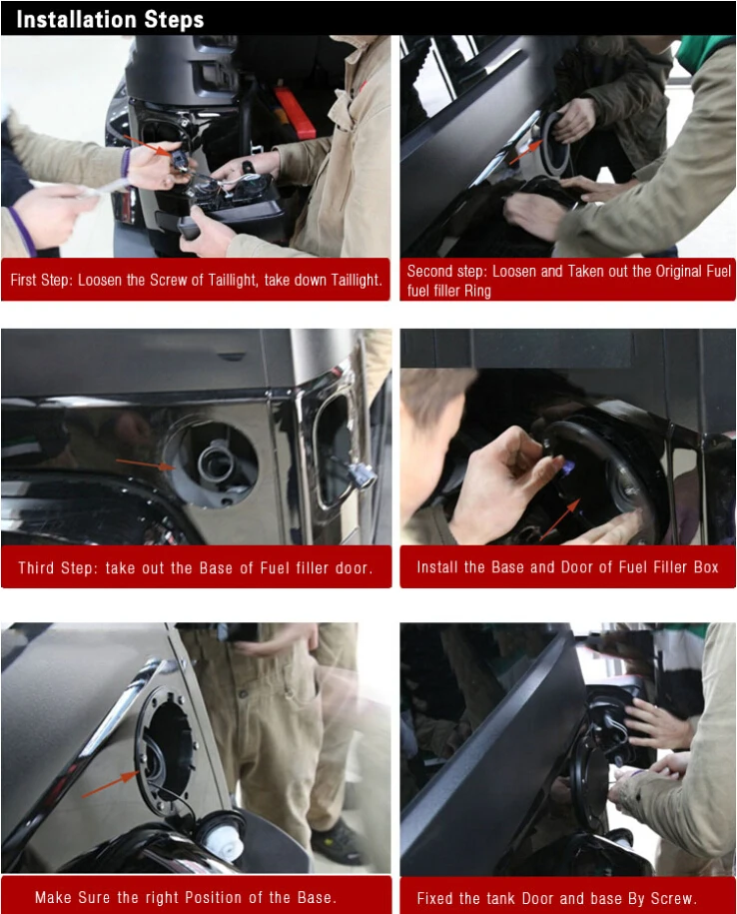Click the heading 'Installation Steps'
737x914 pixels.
click(x=110, y=19)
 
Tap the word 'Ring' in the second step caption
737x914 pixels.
click(x=477, y=291)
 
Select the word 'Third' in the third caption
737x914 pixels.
click(x=36, y=567)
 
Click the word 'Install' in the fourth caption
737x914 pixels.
click(x=437, y=567)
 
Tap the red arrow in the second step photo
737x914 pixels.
click(x=524, y=153)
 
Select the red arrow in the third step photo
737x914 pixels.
click(x=146, y=464)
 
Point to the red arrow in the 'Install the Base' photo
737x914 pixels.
click(x=560, y=519)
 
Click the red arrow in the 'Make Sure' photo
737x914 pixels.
click(x=111, y=784)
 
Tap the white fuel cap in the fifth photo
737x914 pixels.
click(x=224, y=835)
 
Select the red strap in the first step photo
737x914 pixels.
click(x=295, y=113)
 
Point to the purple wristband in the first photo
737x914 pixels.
click(x=125, y=162)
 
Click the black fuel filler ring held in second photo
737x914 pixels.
click(x=554, y=144)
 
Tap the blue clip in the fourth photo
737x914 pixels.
click(x=568, y=465)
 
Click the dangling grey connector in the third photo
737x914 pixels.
click(x=363, y=476)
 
